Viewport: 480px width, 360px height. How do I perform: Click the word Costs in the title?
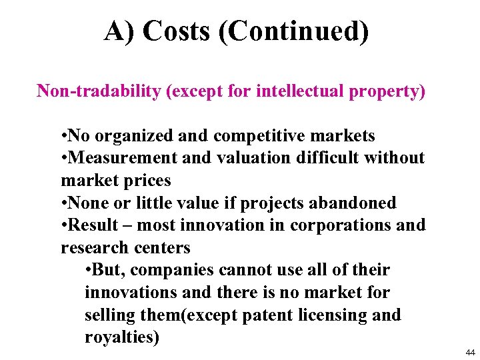pyautogui.click(x=177, y=31)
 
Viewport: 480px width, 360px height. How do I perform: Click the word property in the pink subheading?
pyautogui.click(x=387, y=91)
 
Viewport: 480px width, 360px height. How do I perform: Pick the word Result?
pyautogui.click(x=93, y=225)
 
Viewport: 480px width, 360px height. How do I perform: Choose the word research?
pyautogui.click(x=91, y=248)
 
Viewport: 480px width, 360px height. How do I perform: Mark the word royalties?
pyautogui.click(x=122, y=337)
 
